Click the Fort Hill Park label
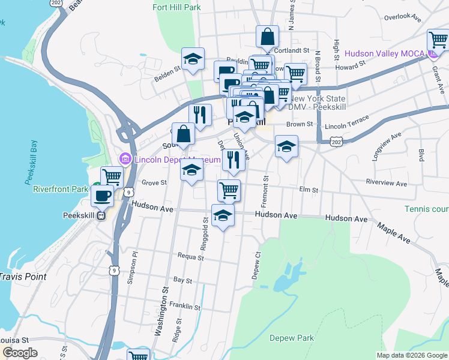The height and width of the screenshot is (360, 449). (176, 8)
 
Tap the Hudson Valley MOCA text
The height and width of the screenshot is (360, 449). (384, 54)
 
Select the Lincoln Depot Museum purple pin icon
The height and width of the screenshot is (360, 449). (125, 159)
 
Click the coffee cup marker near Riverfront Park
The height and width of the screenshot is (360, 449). (103, 196)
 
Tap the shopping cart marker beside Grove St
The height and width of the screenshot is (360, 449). (112, 177)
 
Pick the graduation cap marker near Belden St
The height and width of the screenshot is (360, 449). (193, 59)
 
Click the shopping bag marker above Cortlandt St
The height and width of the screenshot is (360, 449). (267, 36)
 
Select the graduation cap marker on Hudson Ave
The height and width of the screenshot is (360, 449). (223, 215)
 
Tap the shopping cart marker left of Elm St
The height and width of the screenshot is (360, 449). (229, 190)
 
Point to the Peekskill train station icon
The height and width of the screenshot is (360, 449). (101, 215)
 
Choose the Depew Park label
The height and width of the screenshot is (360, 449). (292, 338)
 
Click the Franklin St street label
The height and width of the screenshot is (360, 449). (185, 307)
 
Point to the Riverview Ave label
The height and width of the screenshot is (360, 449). (387, 184)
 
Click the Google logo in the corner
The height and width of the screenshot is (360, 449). (20, 353)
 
